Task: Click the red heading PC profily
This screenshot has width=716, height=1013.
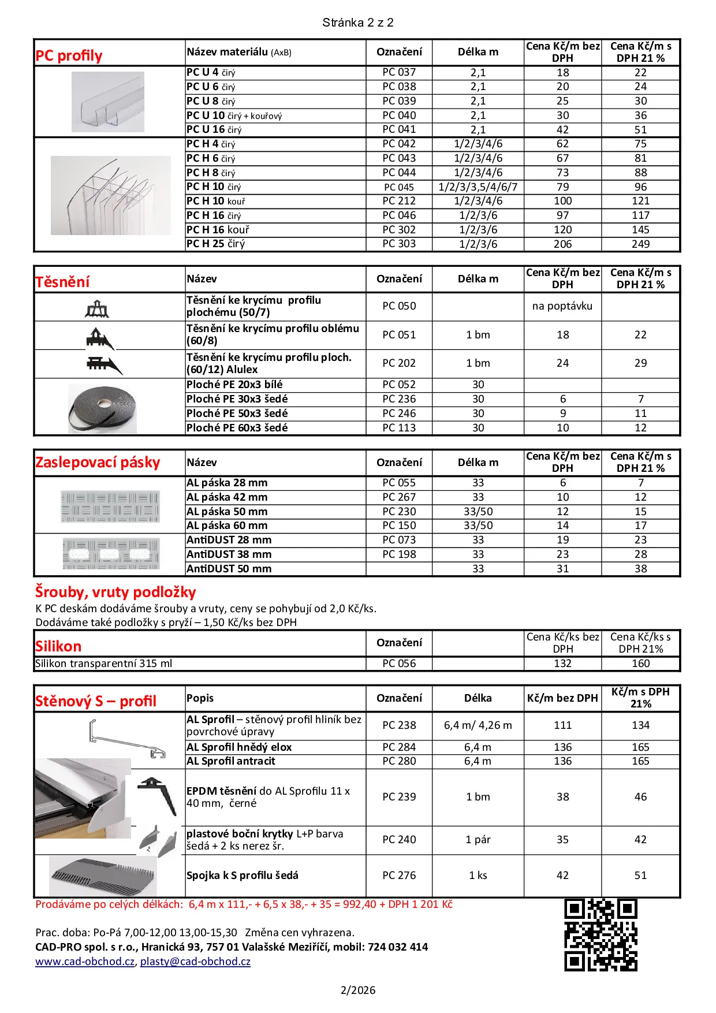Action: click(x=69, y=56)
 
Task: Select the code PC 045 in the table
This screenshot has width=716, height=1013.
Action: click(x=399, y=187)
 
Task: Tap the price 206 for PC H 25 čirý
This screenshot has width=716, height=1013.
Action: click(x=562, y=244)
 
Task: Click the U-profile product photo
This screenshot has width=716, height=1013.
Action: click(x=108, y=102)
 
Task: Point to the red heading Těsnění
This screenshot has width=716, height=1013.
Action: click(x=62, y=282)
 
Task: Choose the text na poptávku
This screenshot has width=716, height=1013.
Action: click(x=562, y=306)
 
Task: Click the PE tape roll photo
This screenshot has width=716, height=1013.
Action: click(x=103, y=409)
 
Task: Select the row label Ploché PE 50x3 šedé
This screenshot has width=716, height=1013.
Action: click(x=237, y=414)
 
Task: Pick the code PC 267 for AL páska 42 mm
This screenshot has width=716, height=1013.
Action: click(x=399, y=497)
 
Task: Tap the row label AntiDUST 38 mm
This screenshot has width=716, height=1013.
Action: click(x=229, y=554)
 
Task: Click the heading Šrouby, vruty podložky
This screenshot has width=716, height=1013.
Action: click(x=115, y=592)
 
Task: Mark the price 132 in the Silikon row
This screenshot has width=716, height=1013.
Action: click(x=562, y=664)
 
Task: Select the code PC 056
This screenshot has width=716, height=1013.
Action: click(x=399, y=664)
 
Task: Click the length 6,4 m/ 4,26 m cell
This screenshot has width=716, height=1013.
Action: click(x=478, y=725)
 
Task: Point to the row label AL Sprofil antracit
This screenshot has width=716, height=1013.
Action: click(x=231, y=761)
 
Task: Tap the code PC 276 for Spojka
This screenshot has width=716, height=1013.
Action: click(x=399, y=876)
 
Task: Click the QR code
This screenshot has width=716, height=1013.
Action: click(x=601, y=935)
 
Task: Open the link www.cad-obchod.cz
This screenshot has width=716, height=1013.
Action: click(x=85, y=962)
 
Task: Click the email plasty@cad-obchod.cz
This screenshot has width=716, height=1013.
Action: click(x=195, y=962)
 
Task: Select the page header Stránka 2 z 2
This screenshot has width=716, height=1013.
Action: click(x=358, y=23)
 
